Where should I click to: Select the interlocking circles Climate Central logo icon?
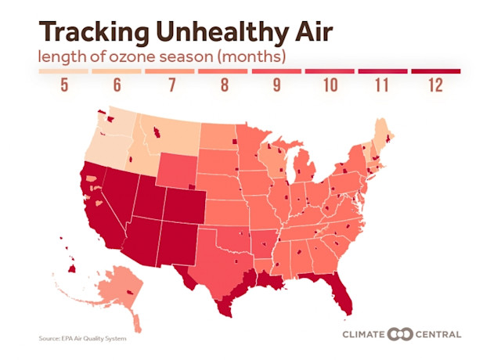click(400, 334)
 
